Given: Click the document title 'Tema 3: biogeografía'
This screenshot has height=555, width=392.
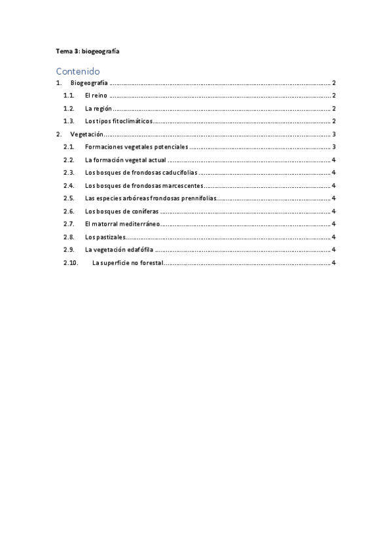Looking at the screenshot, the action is [x=87, y=51].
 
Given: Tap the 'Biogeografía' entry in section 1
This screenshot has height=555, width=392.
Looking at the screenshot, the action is [x=89, y=83].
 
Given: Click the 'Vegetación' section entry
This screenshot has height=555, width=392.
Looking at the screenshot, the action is [x=86, y=134].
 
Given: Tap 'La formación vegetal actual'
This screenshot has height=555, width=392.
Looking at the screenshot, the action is [x=125, y=160].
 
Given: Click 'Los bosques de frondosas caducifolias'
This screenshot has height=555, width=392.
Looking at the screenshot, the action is [x=141, y=172].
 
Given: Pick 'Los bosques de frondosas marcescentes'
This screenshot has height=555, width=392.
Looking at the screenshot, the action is [x=144, y=185].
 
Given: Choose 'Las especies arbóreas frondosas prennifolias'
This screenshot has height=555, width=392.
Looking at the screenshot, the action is [x=150, y=198].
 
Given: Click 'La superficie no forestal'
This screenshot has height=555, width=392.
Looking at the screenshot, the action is [x=128, y=262].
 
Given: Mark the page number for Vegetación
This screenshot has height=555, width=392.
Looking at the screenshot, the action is [x=334, y=134].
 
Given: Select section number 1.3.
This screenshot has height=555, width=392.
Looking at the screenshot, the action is [x=68, y=121].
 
